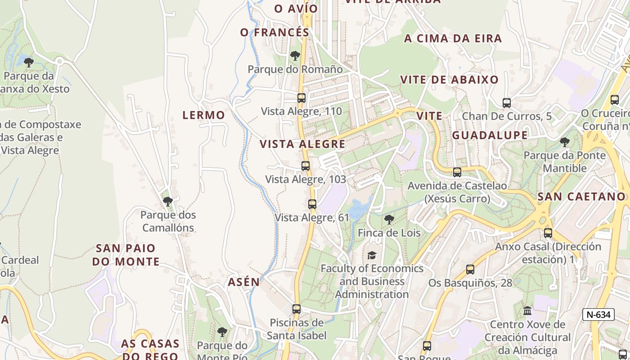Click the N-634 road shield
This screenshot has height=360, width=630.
point(598,315)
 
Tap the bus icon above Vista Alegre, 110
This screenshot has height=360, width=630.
point(301,98)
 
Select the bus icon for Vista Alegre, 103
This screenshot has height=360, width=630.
point(306,166)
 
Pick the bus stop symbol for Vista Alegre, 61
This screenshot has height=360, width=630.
point(312,204)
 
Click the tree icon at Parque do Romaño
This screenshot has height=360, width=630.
point(295,56)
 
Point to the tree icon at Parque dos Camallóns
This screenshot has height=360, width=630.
point(168,201)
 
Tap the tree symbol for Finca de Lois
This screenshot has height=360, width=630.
point(389,220)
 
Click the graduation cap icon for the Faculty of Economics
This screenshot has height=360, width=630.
point(372,255)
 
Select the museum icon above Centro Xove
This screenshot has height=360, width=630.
point(527,310)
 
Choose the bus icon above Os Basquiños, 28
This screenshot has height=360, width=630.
point(470,270)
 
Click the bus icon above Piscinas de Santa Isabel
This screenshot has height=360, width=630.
point(296,309)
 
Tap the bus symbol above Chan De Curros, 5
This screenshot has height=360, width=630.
point(507,103)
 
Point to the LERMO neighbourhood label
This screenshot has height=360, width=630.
point(203,115)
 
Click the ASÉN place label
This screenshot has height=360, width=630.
point(243,282)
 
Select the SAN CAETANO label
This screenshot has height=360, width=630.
point(581,197)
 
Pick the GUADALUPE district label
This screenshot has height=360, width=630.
point(490,135)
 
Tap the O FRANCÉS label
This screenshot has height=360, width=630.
point(274,32)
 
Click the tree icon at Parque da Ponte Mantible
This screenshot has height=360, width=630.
point(564,142)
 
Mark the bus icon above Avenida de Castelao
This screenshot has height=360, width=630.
point(457,172)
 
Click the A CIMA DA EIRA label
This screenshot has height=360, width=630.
point(453,39)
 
